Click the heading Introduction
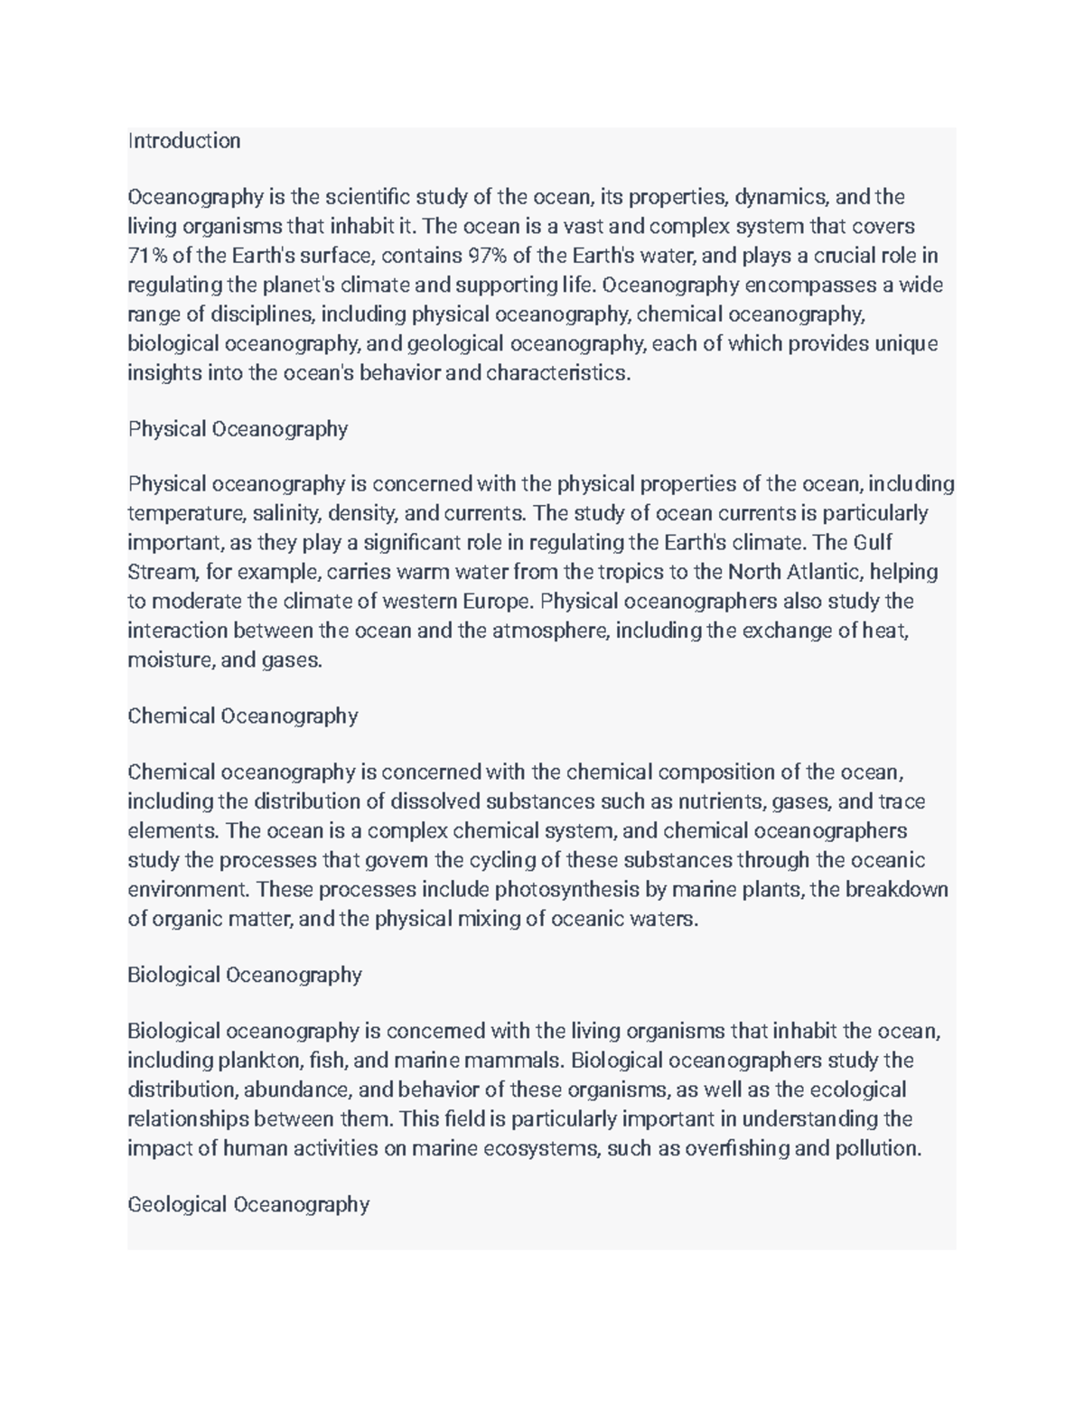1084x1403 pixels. [x=184, y=141]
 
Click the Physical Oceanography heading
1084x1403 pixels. [x=238, y=429]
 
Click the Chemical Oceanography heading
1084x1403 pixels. [x=242, y=716]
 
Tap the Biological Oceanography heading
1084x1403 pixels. [x=244, y=976]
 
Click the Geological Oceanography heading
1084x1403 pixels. [x=248, y=1205]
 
